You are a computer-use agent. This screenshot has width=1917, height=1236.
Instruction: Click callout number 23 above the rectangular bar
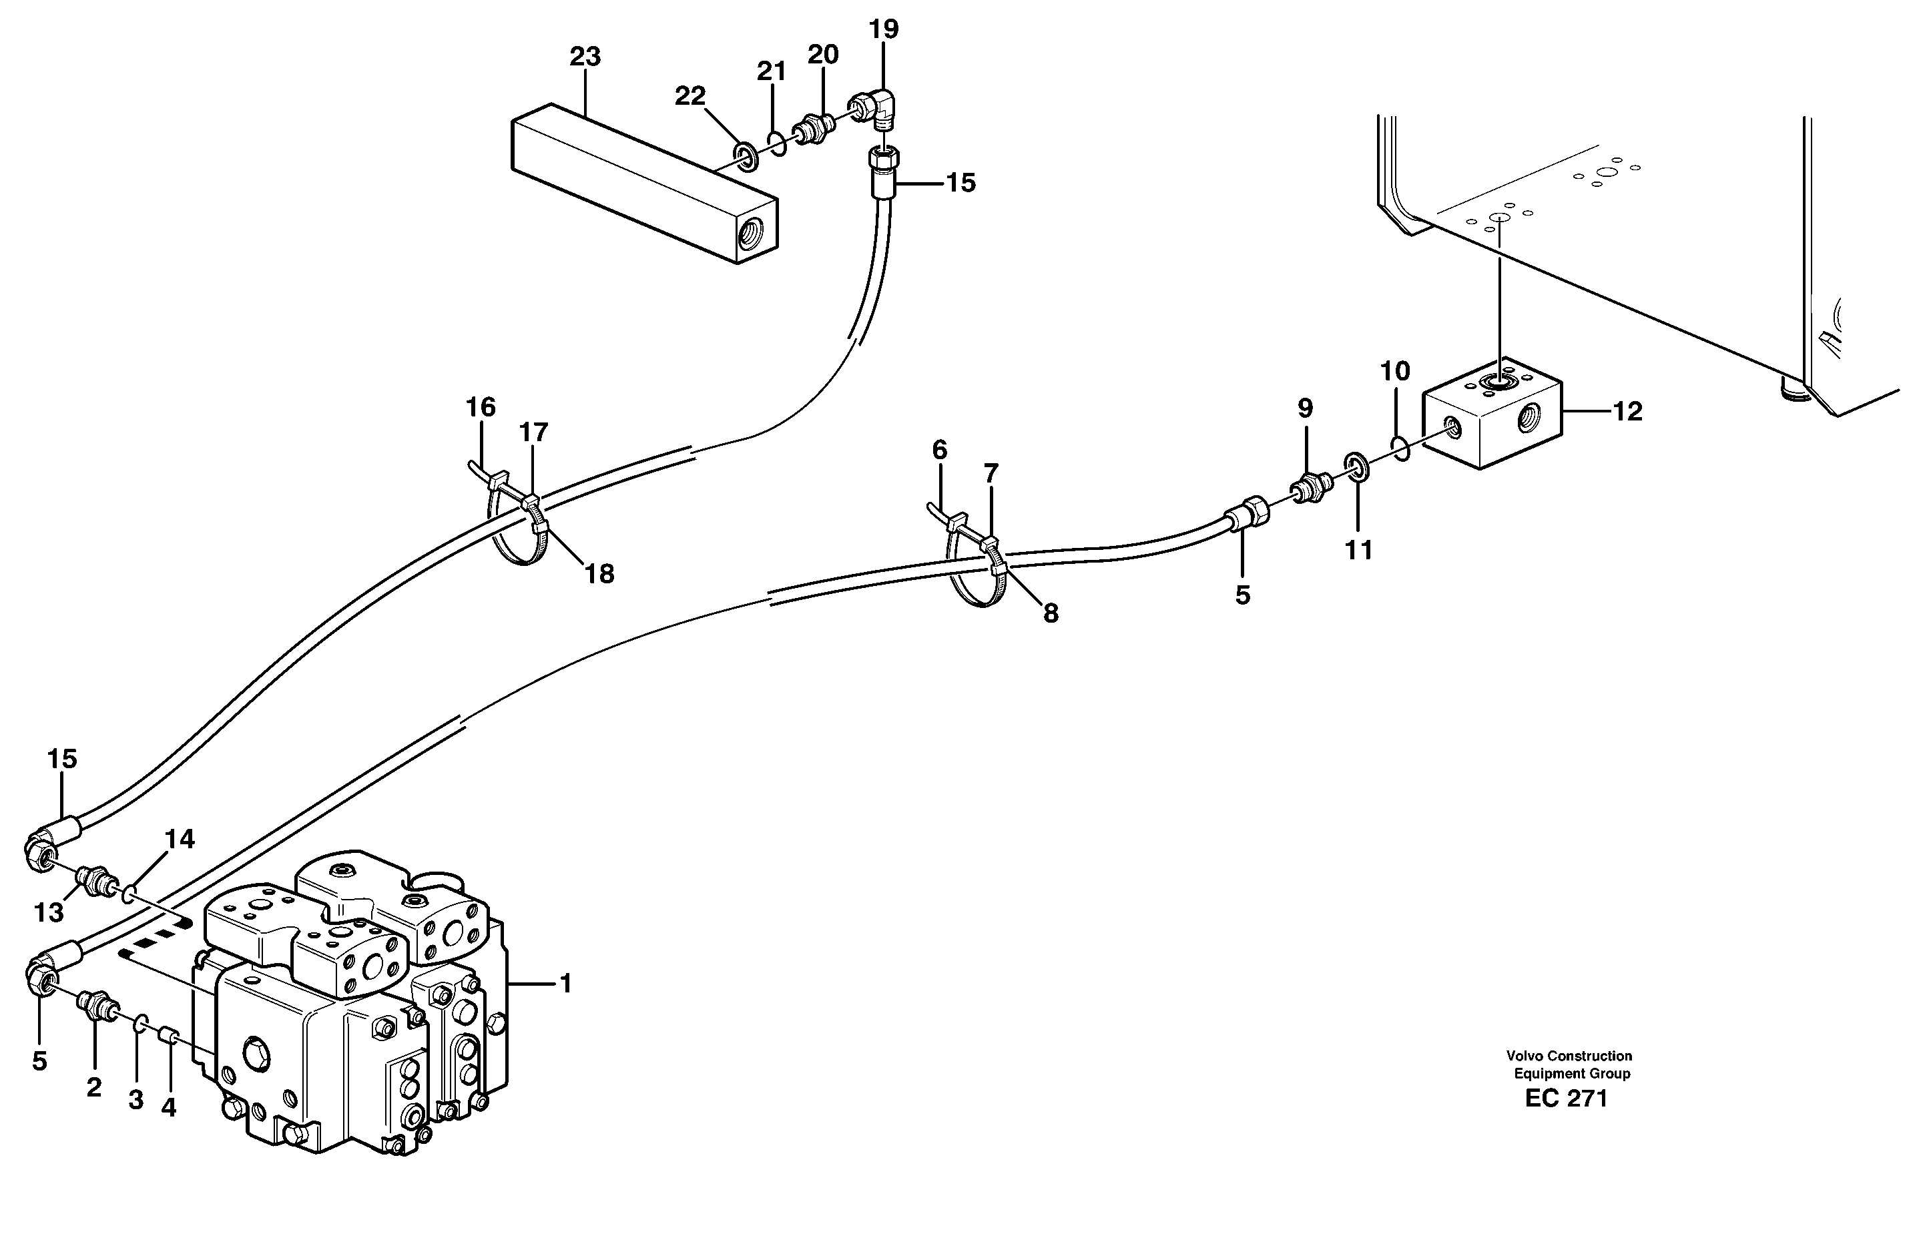585,57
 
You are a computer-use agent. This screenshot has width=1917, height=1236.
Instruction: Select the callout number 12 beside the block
1627,412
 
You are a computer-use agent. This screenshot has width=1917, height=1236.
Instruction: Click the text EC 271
1566,1099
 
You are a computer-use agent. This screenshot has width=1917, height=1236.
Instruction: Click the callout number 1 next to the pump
565,983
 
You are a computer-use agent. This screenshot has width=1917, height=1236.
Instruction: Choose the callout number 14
179,840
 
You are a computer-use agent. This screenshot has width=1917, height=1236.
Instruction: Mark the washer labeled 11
1356,467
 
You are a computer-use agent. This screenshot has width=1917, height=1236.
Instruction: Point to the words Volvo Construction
1569,1056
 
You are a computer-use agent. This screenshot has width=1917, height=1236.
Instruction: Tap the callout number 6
939,450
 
